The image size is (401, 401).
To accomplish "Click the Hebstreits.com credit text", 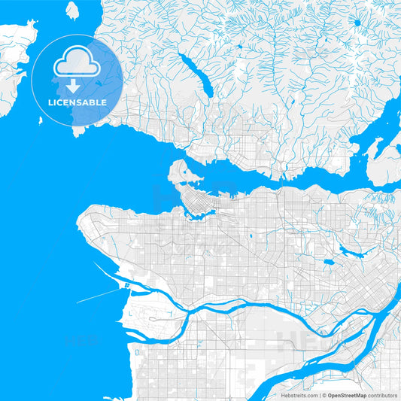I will [297, 395].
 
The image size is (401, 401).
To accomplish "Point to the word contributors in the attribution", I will [383, 395].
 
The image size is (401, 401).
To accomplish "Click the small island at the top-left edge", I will [72, 11].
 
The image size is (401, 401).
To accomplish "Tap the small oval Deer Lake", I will [330, 263].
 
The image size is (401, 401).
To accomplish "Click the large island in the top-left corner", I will [15, 53].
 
